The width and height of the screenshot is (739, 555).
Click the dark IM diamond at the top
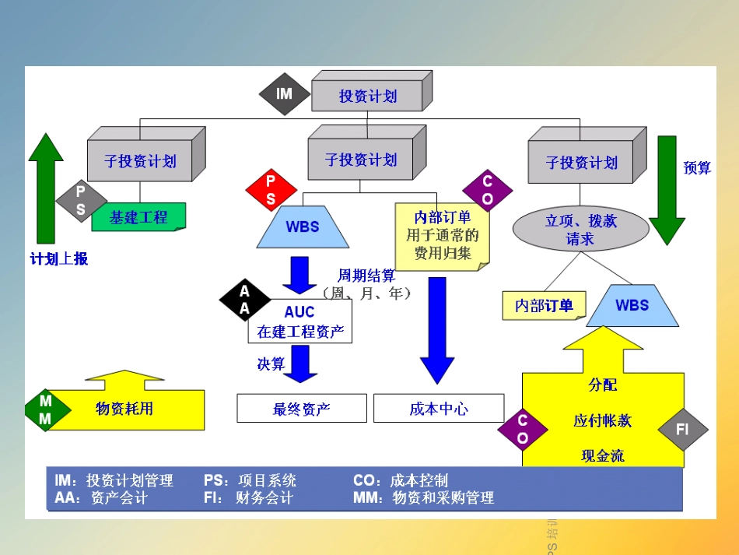pyautogui.click(x=284, y=93)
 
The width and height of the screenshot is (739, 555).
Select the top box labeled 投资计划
pyautogui.click(x=367, y=97)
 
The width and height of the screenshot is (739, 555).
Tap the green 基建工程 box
pyautogui.click(x=139, y=217)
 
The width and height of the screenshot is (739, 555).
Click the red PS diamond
pyautogui.click(x=271, y=191)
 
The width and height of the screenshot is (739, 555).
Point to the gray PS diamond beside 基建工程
pyautogui.click(x=81, y=200)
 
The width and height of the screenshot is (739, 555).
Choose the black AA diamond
pyautogui.click(x=244, y=300)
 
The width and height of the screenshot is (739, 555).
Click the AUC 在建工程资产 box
pyautogui.click(x=300, y=321)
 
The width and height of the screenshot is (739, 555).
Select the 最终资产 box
pyautogui.click(x=301, y=409)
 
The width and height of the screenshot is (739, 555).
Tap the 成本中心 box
pyautogui.click(x=439, y=409)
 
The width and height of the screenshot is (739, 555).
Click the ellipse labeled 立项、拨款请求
pyautogui.click(x=580, y=230)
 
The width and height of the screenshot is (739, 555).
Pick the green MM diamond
pyautogui.click(x=46, y=410)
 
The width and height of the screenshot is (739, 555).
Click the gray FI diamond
pyautogui.click(x=682, y=430)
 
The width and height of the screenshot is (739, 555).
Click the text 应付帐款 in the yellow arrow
pyautogui.click(x=602, y=421)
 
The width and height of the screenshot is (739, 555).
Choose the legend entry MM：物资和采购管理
pyautogui.click(x=423, y=497)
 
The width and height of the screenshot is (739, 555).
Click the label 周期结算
pyautogui.click(x=366, y=276)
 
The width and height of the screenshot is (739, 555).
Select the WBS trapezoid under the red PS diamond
pyautogui.click(x=303, y=227)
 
